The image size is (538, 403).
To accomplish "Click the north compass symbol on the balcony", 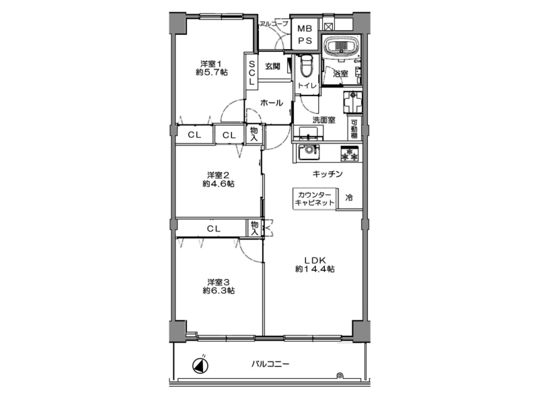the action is (200, 365).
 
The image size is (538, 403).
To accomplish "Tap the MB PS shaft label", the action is (305, 35).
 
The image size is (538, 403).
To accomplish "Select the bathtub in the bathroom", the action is (342, 47).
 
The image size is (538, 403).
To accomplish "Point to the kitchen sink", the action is (309, 152).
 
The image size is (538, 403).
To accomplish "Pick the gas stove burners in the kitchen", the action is (350, 153).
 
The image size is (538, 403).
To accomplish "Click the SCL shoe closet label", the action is (252, 73).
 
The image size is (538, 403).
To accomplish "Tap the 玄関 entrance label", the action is (272, 66).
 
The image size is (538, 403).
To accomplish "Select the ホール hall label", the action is (272, 103).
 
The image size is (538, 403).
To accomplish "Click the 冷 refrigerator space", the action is (349, 198).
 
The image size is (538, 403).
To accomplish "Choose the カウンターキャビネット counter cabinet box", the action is (315, 198).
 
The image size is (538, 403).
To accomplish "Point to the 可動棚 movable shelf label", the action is (354, 129).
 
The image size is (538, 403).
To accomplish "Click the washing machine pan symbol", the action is (352, 102).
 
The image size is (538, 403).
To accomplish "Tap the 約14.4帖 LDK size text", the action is (315, 269).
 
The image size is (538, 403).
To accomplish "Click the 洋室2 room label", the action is (218, 175).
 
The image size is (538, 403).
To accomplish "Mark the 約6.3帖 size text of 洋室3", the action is (219, 291).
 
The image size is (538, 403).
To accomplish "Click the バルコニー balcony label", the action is (270, 363).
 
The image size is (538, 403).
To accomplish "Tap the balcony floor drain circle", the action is (340, 375).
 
